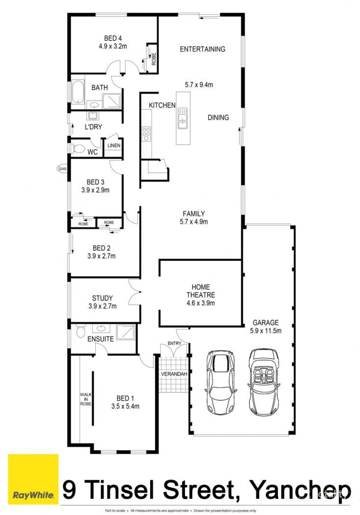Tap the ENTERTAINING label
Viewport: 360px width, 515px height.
coord(203,49)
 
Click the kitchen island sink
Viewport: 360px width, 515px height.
coord(182,117)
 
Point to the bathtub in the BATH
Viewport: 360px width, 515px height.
coord(77,93)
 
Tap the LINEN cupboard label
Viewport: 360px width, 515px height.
coord(113,146)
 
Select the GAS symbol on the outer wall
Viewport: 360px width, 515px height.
coord(62,169)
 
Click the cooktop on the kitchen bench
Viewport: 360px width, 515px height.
coord(146,133)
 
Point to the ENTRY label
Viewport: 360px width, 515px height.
coord(174,343)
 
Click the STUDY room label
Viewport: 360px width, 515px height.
coord(103,298)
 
